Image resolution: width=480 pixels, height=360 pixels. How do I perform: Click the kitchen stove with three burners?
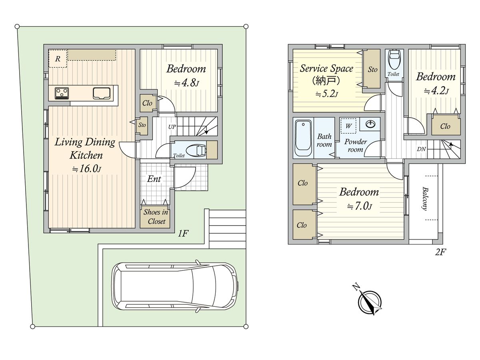(x=62, y=93)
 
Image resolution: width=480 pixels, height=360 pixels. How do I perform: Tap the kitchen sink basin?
(x=102, y=93)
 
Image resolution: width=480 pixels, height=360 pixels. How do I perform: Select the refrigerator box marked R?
(x=58, y=58)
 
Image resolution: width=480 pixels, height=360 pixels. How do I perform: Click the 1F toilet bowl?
(x=196, y=150)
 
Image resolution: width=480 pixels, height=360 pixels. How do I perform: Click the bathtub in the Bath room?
(x=303, y=138)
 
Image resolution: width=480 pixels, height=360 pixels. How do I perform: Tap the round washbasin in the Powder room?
(x=370, y=124)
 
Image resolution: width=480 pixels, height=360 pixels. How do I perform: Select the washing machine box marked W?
(x=348, y=126)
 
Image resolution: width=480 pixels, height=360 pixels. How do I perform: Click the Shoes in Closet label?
(x=156, y=217)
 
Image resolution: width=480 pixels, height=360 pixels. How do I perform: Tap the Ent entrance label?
(x=154, y=179)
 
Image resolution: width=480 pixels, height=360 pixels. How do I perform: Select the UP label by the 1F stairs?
(x=172, y=127)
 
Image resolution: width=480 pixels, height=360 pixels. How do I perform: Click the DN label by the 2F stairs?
(x=421, y=149)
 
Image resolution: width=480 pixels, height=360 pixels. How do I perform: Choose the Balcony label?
(x=425, y=198)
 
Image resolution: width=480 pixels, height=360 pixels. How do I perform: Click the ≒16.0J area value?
(x=86, y=169)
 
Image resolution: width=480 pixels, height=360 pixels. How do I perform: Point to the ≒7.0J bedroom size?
(x=359, y=206)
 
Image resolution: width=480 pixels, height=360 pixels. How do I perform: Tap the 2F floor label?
(x=440, y=252)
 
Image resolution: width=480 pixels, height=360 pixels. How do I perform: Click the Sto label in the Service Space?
(x=372, y=70)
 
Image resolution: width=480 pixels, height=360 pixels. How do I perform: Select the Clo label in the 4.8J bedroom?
(x=147, y=103)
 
